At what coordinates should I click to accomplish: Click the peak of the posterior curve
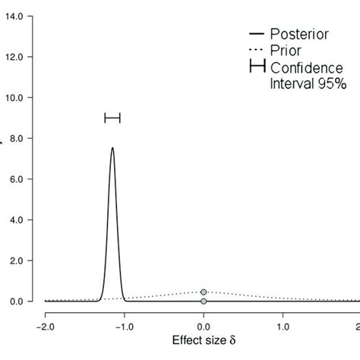pyautogui.click(x=112, y=148)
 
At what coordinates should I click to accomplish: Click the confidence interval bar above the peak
pyautogui.click(x=112, y=118)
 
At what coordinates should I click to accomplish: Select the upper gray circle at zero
pyautogui.click(x=204, y=292)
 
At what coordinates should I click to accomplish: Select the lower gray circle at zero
pyautogui.click(x=204, y=302)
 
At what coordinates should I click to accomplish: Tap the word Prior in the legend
pyautogui.click(x=285, y=51)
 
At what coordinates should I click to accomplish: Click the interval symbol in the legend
pyautogui.click(x=257, y=66)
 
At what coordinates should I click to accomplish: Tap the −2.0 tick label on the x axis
pyautogui.click(x=44, y=327)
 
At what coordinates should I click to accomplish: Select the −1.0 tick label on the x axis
pyautogui.click(x=124, y=327)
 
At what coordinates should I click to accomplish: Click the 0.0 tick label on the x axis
pyautogui.click(x=204, y=327)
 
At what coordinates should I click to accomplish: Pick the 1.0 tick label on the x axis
pyautogui.click(x=283, y=327)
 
